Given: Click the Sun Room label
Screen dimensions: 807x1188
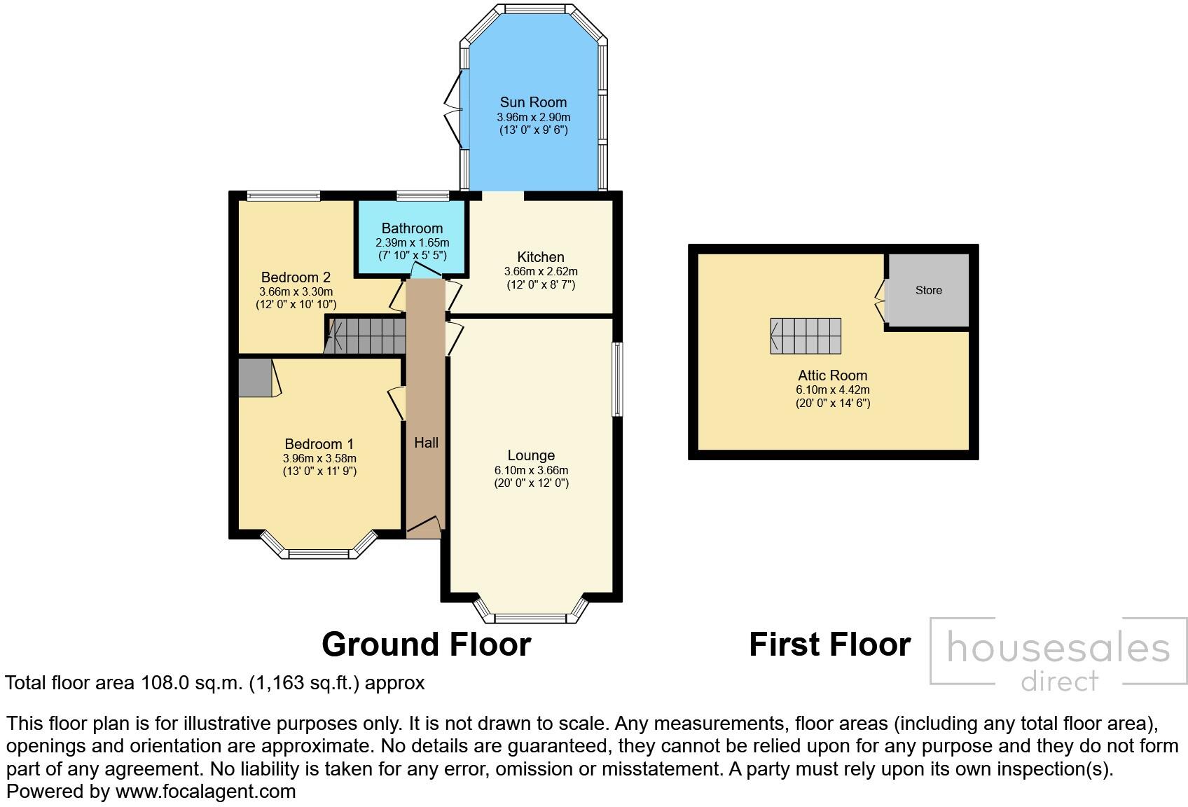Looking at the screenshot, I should pos(533,102).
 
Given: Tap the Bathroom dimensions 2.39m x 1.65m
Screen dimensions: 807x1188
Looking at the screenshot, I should pos(412,242).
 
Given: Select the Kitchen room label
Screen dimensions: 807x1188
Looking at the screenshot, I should pos(541,257).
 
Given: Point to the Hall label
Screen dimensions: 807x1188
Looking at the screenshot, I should pos(426,442).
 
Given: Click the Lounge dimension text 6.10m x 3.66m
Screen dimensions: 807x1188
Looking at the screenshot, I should pos(531,470).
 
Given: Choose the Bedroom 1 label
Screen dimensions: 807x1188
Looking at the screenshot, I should pos(319,444).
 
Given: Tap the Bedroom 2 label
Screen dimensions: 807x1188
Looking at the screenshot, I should pos(296,277).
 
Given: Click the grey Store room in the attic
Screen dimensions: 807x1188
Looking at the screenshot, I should pos(928,290).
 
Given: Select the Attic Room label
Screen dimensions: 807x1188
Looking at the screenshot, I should pos(832,375).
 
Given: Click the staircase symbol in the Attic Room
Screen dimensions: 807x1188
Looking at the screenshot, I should pos(806,336).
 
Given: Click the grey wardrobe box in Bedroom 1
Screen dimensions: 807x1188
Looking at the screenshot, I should pos(254,378).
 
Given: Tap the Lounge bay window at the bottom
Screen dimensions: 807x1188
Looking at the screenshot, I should pos(530,614).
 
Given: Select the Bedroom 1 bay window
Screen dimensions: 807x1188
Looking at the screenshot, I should pos(319,550).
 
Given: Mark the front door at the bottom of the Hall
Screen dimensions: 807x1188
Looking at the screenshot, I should pos(424,527).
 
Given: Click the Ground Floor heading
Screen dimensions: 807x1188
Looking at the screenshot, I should pos(426,644).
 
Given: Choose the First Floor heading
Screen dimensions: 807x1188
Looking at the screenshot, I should pos(829,644).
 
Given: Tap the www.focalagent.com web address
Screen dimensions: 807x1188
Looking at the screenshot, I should pos(205,792).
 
